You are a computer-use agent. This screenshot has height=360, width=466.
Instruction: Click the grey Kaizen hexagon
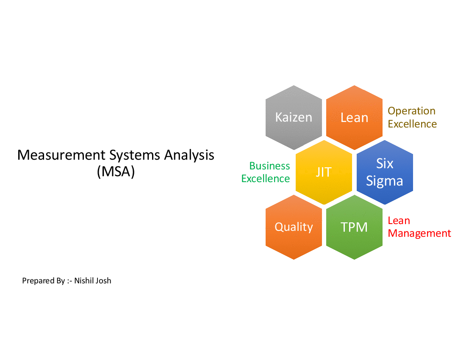(294, 117)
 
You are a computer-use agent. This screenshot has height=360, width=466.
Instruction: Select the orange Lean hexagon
(354, 117)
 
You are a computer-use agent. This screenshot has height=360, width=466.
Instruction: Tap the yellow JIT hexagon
(324, 172)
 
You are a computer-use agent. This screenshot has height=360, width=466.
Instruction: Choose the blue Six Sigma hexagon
(385, 172)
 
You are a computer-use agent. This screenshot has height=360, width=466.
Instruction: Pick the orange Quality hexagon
(294, 227)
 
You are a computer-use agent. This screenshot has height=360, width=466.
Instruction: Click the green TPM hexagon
(354, 227)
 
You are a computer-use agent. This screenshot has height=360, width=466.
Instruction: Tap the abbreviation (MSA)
(116, 172)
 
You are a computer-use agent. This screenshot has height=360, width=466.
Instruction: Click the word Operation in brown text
(411, 111)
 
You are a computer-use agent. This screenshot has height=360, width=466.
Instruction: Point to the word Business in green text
(269, 166)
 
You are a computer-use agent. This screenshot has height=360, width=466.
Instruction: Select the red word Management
(419, 233)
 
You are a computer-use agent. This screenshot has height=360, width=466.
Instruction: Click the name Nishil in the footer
(83, 280)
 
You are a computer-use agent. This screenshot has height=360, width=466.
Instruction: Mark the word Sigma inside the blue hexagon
(385, 181)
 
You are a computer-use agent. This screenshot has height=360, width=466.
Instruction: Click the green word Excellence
(266, 179)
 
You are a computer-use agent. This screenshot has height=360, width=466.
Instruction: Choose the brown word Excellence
(412, 124)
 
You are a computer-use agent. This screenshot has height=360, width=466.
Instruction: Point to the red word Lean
(399, 221)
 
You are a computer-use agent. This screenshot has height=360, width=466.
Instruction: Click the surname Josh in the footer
(103, 280)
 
